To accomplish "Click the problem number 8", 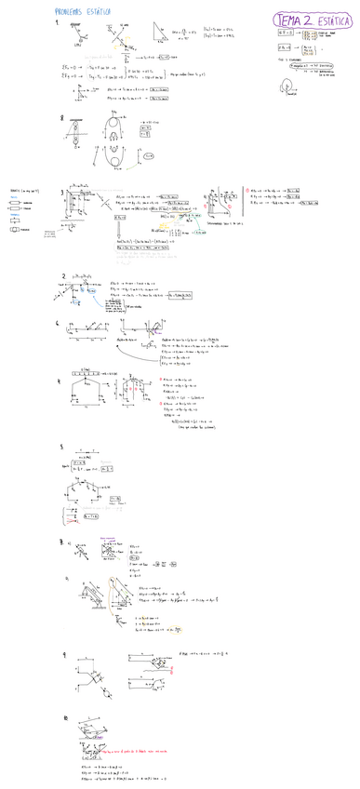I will (61, 118).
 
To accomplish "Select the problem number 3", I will (62, 194).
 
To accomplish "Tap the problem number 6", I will (59, 324).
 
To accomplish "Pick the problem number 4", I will (60, 381).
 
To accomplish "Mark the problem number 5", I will (60, 447).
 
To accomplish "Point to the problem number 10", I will (64, 718).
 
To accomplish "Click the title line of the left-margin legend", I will (23, 188).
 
